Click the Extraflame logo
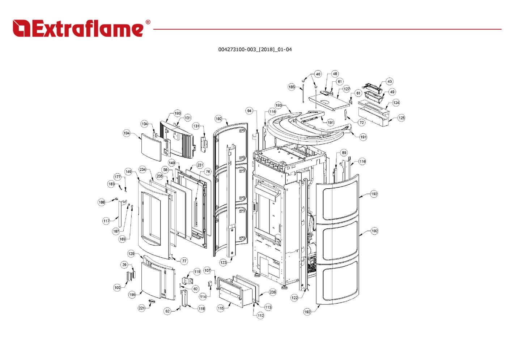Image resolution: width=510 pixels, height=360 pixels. pyautogui.click(x=81, y=28)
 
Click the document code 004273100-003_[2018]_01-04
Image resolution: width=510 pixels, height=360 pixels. pyautogui.click(x=255, y=49)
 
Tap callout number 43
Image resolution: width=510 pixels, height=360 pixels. pyautogui.click(x=390, y=81)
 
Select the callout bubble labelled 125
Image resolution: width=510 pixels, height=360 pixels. pyautogui.click(x=401, y=118)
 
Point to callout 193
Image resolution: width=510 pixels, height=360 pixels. pyautogui.click(x=279, y=106)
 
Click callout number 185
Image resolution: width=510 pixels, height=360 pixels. pyautogui.click(x=292, y=87)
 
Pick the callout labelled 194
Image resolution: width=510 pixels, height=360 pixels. pyautogui.click(x=127, y=133)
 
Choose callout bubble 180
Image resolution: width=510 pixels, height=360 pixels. pyautogui.click(x=177, y=113)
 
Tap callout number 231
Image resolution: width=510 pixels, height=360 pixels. pyautogui.click(x=200, y=165)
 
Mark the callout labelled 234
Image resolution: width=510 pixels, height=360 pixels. pyautogui.click(x=143, y=170)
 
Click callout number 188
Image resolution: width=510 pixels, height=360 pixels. pyautogui.click(x=102, y=202)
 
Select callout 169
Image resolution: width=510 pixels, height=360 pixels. pyautogui.click(x=122, y=239)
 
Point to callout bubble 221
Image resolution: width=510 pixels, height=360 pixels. pyautogui.click(x=141, y=308)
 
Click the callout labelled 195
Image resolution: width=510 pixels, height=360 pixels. pyautogui.click(x=132, y=295)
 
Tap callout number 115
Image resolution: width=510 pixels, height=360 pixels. pyautogui.click(x=221, y=308)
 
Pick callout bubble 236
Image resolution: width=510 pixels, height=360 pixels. pyautogui.click(x=272, y=292)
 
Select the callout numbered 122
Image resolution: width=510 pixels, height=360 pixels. pyautogui.click(x=294, y=298)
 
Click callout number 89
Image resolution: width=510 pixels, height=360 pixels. pyautogui.click(x=344, y=153)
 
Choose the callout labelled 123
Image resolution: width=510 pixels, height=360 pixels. pyautogui.click(x=223, y=263)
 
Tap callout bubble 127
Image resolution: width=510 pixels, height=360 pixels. pyautogui.click(x=347, y=89)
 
